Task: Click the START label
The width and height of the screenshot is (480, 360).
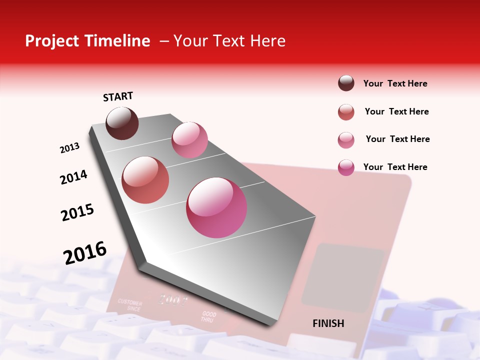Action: pyautogui.click(x=118, y=96)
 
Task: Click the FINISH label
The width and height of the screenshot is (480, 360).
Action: pyautogui.click(x=328, y=323)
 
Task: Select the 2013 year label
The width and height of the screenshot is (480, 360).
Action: pyautogui.click(x=69, y=148)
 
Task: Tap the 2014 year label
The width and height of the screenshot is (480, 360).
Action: pyautogui.click(x=73, y=177)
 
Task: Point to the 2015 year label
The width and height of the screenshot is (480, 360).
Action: pyautogui.click(x=77, y=212)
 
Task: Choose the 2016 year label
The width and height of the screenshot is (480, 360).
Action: pyautogui.click(x=85, y=252)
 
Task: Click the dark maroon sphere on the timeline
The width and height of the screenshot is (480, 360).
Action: pyautogui.click(x=122, y=123)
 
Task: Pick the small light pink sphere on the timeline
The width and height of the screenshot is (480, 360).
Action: pyautogui.click(x=189, y=140)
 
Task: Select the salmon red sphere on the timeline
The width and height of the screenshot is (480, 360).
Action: pyautogui.click(x=145, y=180)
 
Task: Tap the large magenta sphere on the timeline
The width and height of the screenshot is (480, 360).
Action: pyautogui.click(x=216, y=207)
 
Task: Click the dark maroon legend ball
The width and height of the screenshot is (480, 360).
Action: pyautogui.click(x=346, y=83)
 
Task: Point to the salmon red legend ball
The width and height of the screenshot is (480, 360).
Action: pyautogui.click(x=346, y=112)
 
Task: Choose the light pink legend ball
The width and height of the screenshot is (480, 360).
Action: pyautogui.click(x=346, y=140)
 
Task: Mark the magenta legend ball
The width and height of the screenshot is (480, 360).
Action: pyautogui.click(x=346, y=167)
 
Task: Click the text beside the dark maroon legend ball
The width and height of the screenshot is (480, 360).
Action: pyautogui.click(x=395, y=84)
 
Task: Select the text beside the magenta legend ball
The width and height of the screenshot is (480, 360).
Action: pyautogui.click(x=395, y=167)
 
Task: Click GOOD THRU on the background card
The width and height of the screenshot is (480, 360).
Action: pyautogui.click(x=208, y=317)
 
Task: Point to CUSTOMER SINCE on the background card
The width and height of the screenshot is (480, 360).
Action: pyautogui.click(x=130, y=305)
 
